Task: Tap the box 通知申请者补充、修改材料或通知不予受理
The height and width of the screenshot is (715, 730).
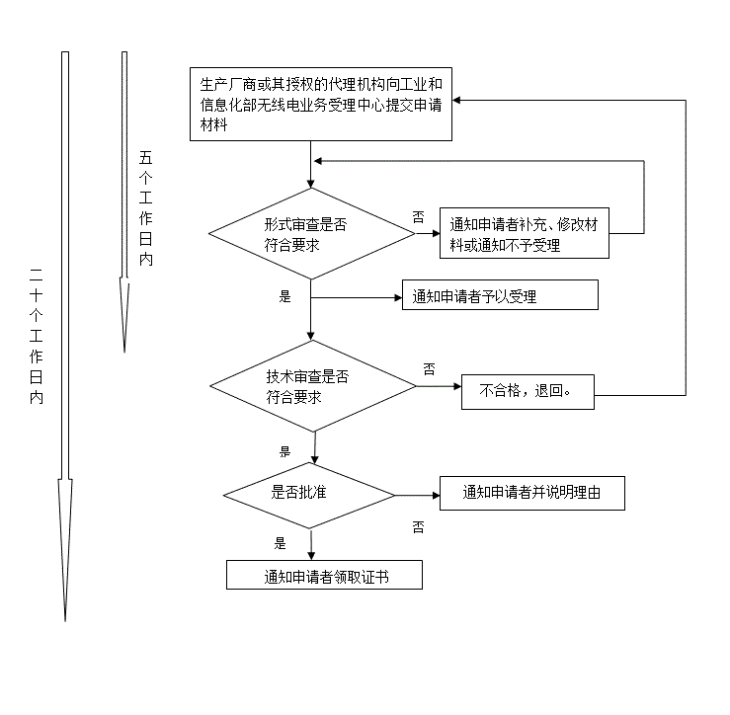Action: point(524,235)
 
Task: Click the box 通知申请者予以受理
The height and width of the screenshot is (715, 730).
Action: point(499,295)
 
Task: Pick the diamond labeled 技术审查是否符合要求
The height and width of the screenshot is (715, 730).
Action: point(311,386)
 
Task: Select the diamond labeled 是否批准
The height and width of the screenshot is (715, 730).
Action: point(310,494)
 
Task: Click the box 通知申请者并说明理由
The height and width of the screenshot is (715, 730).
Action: point(531,493)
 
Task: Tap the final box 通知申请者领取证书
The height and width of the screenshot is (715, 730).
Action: point(324,576)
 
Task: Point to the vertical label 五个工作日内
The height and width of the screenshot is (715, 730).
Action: point(146,208)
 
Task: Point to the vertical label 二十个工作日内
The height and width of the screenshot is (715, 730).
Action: point(36,336)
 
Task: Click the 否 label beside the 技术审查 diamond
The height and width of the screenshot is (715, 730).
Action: point(429,368)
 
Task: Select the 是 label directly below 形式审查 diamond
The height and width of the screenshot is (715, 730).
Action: point(285,295)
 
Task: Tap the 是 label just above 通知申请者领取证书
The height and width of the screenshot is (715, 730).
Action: point(280,542)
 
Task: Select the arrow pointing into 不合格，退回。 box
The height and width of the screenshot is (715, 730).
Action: point(440,386)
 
